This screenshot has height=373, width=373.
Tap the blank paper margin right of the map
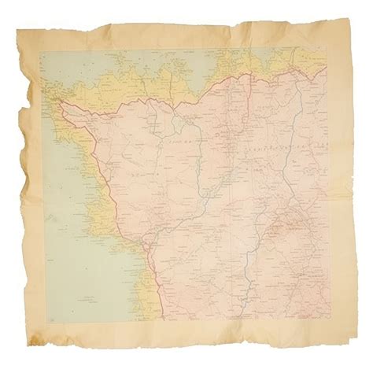pos(340,197)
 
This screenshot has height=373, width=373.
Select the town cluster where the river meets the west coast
pos(146,250)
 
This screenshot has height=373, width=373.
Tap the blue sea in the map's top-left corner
pos(59,63)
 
